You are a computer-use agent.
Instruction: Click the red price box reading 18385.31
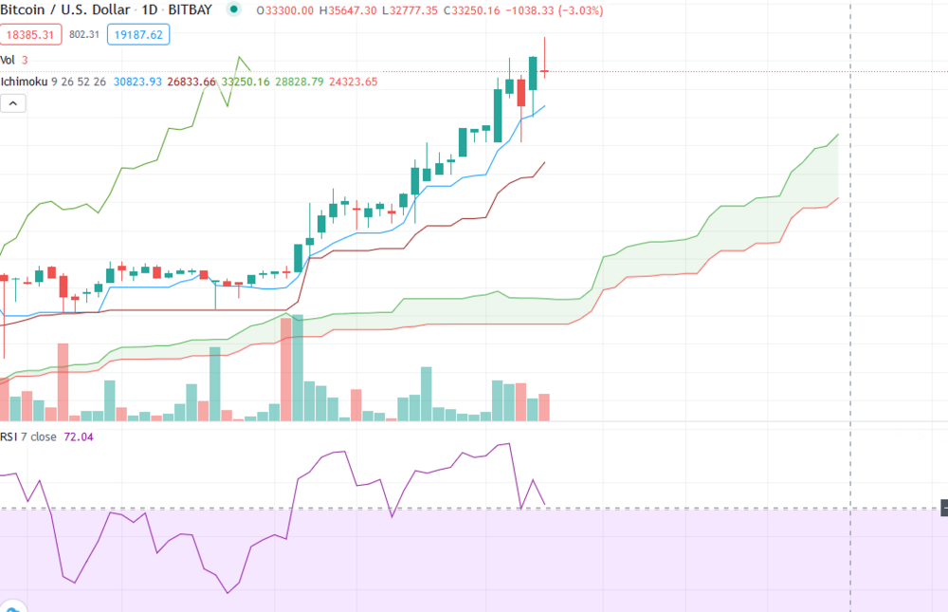(x=34, y=34)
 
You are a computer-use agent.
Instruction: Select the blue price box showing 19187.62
(x=138, y=34)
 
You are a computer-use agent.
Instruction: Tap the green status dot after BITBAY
(x=234, y=10)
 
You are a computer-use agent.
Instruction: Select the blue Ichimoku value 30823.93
(x=137, y=82)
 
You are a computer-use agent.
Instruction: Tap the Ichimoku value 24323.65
(x=352, y=82)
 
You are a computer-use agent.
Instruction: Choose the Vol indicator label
(x=8, y=60)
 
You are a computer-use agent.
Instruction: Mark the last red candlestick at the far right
(x=545, y=70)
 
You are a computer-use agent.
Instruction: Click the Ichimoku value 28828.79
(x=299, y=82)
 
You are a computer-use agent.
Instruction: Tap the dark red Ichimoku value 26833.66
(x=191, y=82)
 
